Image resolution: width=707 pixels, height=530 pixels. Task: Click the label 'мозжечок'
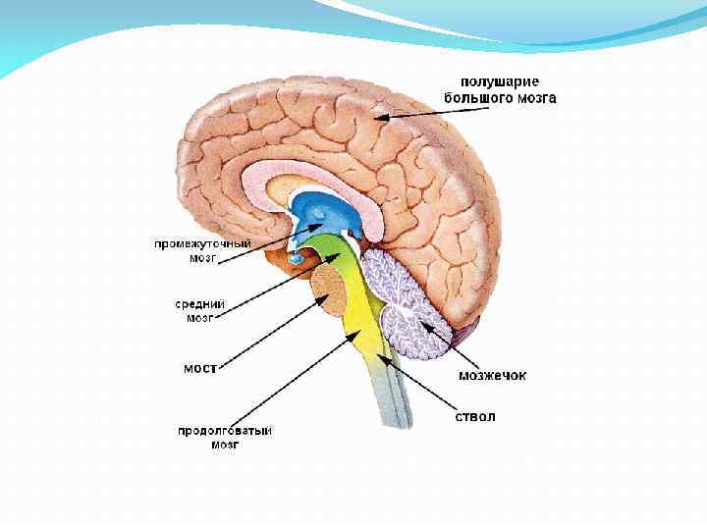click(x=493, y=374)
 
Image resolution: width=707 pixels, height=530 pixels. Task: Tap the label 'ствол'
click(x=474, y=416)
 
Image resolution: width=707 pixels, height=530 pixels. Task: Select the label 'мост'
click(x=200, y=368)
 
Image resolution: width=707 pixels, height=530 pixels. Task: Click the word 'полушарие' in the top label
click(x=501, y=81)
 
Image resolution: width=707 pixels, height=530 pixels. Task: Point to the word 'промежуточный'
click(x=202, y=242)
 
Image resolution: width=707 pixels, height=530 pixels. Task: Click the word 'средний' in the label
click(x=200, y=304)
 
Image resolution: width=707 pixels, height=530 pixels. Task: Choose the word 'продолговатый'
click(x=225, y=431)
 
